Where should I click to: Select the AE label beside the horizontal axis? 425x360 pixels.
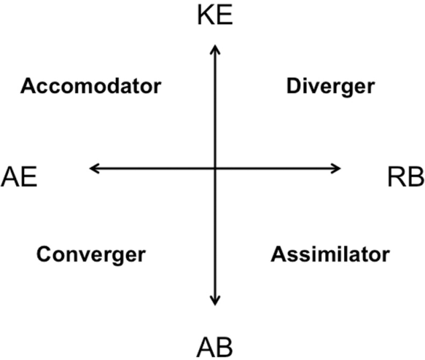coord(18,178)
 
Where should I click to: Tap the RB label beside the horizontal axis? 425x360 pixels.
coord(406,178)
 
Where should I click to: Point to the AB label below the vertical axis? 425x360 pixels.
coord(215,347)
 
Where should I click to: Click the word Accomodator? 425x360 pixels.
coord(91,86)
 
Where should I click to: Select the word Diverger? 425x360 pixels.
coord(330,86)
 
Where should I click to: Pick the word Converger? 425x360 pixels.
coord(91,254)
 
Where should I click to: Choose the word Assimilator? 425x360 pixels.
coord(330,254)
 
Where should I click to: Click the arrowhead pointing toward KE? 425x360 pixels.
coord(215,48)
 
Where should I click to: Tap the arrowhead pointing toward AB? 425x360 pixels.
coord(215,301)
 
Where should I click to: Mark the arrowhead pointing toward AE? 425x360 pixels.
coord(94,169)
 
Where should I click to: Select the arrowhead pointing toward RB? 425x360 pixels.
coord(337,169)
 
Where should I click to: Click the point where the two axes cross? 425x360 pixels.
coord(215,169)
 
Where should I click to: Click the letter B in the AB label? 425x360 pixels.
coord(224,347)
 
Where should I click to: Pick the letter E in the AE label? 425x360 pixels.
coord(27,178)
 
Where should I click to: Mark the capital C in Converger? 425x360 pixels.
coord(44,254)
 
